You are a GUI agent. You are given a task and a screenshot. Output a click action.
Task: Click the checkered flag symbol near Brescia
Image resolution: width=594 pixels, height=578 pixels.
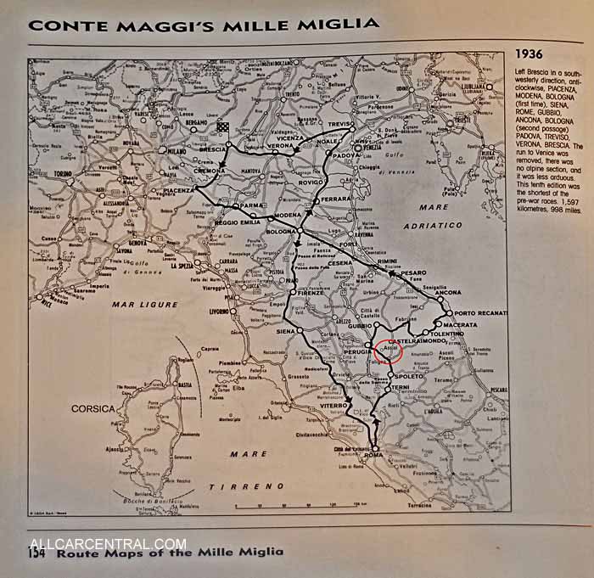222,127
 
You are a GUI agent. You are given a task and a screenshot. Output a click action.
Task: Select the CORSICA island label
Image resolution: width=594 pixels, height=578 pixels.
92,408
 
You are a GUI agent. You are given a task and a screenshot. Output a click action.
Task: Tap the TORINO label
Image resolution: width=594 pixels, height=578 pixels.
64,173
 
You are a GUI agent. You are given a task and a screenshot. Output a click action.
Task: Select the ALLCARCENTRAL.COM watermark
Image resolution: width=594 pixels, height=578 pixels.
108,544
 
